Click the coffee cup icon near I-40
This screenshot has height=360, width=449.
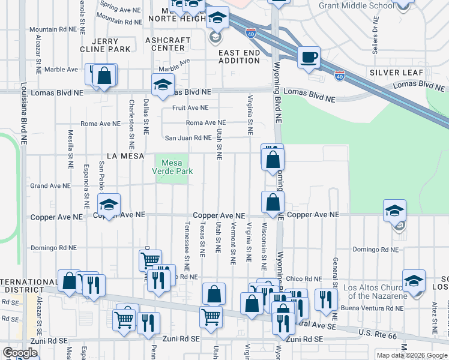pyautogui.click(x=309, y=58)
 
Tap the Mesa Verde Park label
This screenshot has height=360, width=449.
pyautogui.click(x=172, y=167)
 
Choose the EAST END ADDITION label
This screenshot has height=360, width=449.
pyautogui.click(x=240, y=56)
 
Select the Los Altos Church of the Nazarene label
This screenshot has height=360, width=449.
pyautogui.click(x=375, y=292)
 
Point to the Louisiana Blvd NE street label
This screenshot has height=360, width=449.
pyautogui.click(x=23, y=114)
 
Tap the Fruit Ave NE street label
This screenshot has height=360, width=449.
pyautogui.click(x=190, y=108)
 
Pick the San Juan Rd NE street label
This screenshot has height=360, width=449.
pyautogui.click(x=188, y=137)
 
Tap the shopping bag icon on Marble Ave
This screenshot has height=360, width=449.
pyautogui.click(x=104, y=76)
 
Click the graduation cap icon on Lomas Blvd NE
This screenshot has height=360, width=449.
pyautogui.click(x=162, y=85)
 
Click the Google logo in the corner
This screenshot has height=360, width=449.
pyautogui.click(x=20, y=353)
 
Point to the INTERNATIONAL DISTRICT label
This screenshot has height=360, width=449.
pyautogui.click(x=29, y=286)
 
